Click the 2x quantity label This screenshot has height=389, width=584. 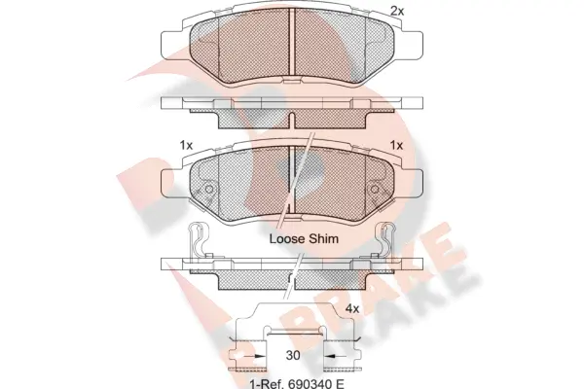[x=397, y=11]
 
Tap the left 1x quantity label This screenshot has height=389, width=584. [x=186, y=145]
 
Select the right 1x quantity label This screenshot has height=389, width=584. [x=397, y=145]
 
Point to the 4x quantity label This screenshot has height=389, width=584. [x=352, y=308]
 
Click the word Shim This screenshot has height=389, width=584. [x=324, y=238]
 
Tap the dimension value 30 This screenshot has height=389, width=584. [x=293, y=355]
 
